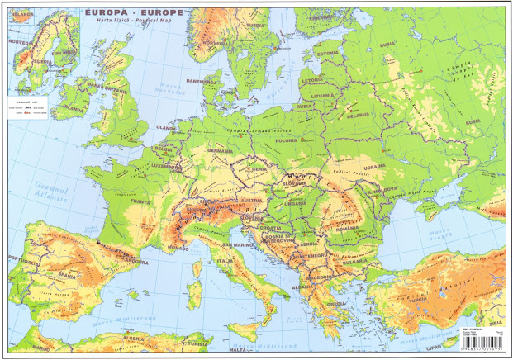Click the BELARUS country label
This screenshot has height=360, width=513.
[x=359, y=116]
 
